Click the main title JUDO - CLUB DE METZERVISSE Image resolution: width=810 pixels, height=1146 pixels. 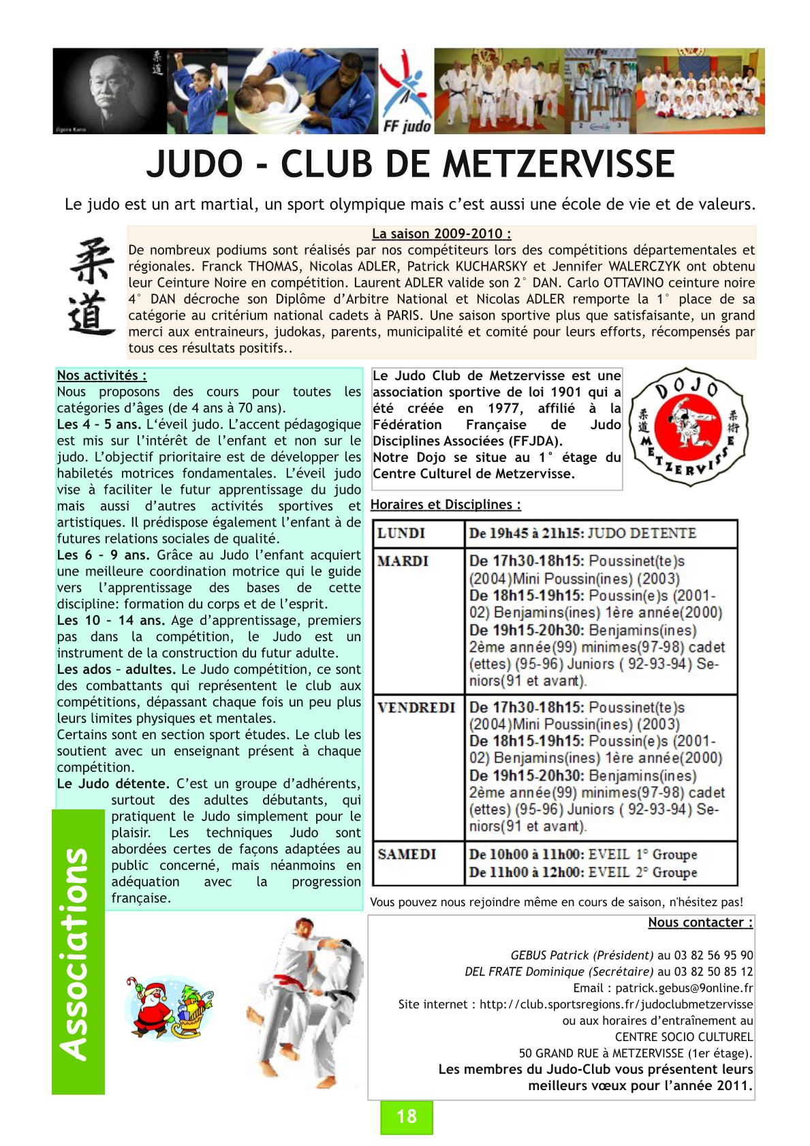point(410,164)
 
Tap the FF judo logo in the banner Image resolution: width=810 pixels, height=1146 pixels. point(406,91)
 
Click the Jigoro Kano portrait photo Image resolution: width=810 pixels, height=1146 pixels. point(109,91)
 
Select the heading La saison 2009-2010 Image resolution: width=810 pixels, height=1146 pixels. point(441,234)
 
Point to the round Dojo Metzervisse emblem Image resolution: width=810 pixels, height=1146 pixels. point(687,427)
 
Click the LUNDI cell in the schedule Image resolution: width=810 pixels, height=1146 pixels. point(401,533)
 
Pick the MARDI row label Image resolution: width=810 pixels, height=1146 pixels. point(403,561)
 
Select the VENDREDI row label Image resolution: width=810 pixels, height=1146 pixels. point(416,708)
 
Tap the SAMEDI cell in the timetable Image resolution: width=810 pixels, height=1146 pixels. point(407,854)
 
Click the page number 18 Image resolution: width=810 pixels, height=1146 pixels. point(406,1116)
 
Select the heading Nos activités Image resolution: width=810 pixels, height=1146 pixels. point(102,375)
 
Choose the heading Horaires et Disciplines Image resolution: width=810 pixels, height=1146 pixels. point(446,505)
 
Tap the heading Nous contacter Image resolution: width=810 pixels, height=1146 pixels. point(700,923)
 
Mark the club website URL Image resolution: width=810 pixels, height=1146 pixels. point(616,1004)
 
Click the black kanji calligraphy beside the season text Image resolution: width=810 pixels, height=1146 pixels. point(93,286)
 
